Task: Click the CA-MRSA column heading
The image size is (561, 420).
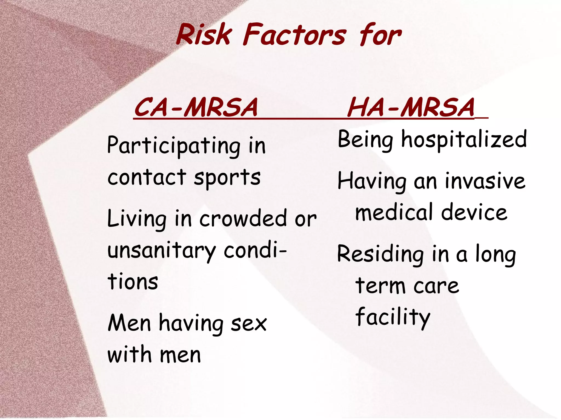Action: pos(196,107)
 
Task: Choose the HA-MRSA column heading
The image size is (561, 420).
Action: pos(411,107)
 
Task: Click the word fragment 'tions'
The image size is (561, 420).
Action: pos(133,282)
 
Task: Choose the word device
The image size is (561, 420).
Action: pos(474,213)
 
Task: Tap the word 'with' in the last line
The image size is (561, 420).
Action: pos(129,355)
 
